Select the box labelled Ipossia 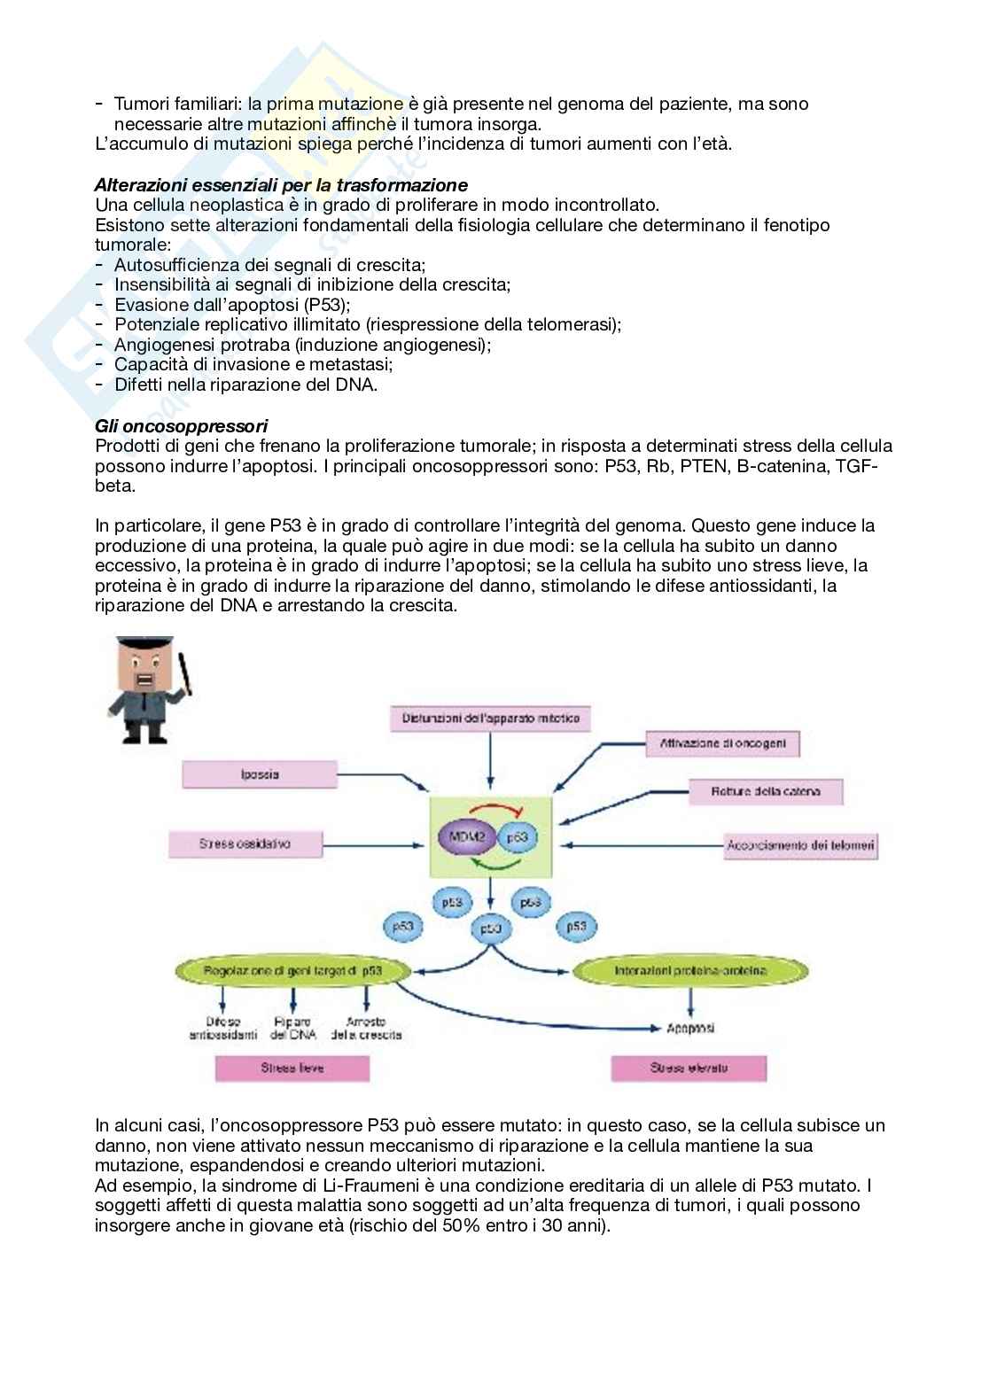(260, 774)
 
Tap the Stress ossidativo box (244, 843)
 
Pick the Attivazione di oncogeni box (722, 743)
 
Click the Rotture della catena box (766, 791)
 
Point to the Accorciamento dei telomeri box (800, 844)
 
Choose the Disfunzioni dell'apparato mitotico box (490, 718)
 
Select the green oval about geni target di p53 (292, 971)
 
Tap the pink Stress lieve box (292, 1068)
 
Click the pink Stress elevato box (688, 1068)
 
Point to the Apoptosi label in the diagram (690, 1028)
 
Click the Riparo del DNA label (292, 1028)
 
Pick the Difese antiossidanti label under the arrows (222, 1028)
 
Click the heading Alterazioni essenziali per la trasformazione (281, 185)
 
